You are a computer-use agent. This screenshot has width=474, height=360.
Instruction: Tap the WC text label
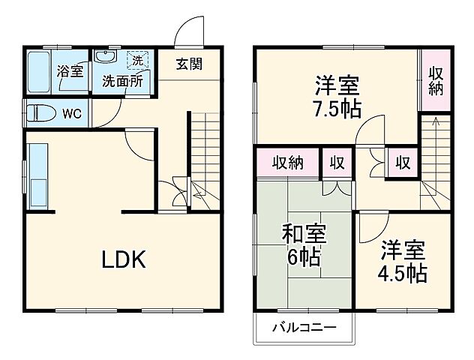pyautogui.click(x=71, y=114)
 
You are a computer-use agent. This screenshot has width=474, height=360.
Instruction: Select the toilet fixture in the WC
pyautogui.click(x=39, y=114)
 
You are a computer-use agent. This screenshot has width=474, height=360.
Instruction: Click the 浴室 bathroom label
pyautogui.click(x=72, y=73)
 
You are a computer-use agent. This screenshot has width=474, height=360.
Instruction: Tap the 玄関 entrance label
pyautogui.click(x=189, y=63)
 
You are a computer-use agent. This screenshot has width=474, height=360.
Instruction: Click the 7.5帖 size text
pyautogui.click(x=336, y=109)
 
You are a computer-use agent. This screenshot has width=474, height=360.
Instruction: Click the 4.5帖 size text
pyautogui.click(x=402, y=270)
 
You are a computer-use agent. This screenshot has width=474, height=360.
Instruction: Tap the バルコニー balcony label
pyautogui.click(x=303, y=328)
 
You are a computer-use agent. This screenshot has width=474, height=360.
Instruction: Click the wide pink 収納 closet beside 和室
pyautogui.click(x=287, y=162)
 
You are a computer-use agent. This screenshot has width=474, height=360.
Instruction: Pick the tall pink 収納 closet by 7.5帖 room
pyautogui.click(x=436, y=81)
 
